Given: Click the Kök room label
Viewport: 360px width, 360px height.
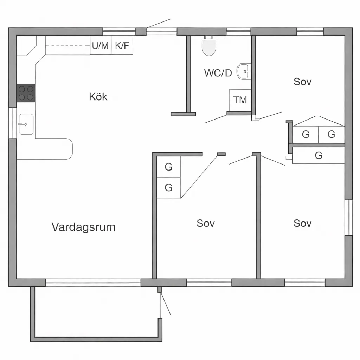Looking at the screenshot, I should tap(98, 96).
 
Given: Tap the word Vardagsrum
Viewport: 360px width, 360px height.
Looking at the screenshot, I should tap(83, 227).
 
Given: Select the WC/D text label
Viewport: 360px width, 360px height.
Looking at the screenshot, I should tap(218, 73).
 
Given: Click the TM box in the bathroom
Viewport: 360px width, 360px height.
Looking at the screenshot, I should tap(240, 100).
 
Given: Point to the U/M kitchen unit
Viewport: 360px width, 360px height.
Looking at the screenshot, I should tap(101, 45).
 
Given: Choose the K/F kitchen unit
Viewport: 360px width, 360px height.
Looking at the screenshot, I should tap(122, 45).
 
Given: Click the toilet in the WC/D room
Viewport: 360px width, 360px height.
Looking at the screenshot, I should tap(209, 46).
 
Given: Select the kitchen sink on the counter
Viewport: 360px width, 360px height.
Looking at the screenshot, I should tap(26, 124).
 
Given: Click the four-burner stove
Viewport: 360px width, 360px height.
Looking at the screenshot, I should tap(26, 93).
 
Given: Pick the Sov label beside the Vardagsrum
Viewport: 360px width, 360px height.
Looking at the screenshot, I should tap(206, 223).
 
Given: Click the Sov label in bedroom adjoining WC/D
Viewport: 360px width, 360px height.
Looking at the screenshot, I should tap(302, 82).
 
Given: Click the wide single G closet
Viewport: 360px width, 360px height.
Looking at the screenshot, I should tap(319, 155).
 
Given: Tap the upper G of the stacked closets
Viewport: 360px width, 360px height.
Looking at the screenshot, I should tap(168, 167).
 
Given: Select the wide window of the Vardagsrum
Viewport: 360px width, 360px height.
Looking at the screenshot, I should tap(93, 282).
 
